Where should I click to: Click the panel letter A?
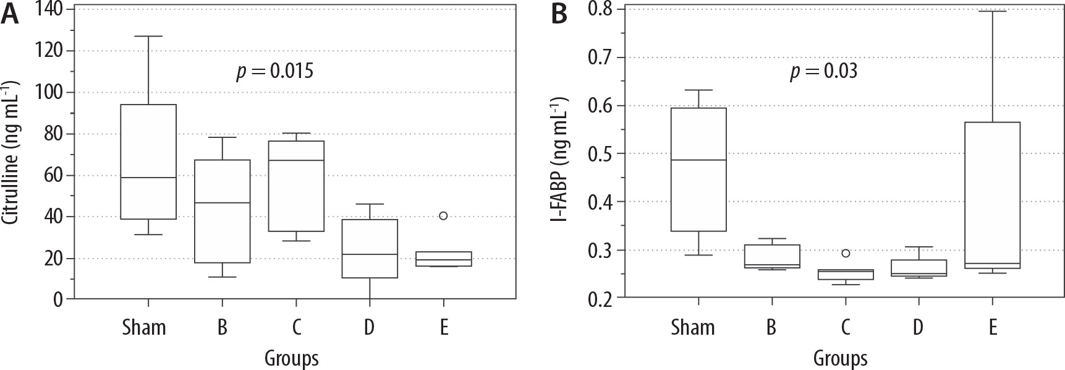11,15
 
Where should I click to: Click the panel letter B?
559,15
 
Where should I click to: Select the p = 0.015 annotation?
275,71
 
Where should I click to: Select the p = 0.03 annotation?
823,72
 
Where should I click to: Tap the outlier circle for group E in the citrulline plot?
443,215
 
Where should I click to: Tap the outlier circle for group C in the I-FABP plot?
846,252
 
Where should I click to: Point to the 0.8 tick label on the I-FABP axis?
603,9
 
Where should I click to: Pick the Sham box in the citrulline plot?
148,161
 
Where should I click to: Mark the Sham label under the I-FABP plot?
692,327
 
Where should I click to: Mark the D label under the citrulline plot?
369,327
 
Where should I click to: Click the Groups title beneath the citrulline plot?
291,358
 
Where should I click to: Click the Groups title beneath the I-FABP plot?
840,358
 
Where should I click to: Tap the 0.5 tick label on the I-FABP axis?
603,154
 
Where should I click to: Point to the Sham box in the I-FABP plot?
698,170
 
